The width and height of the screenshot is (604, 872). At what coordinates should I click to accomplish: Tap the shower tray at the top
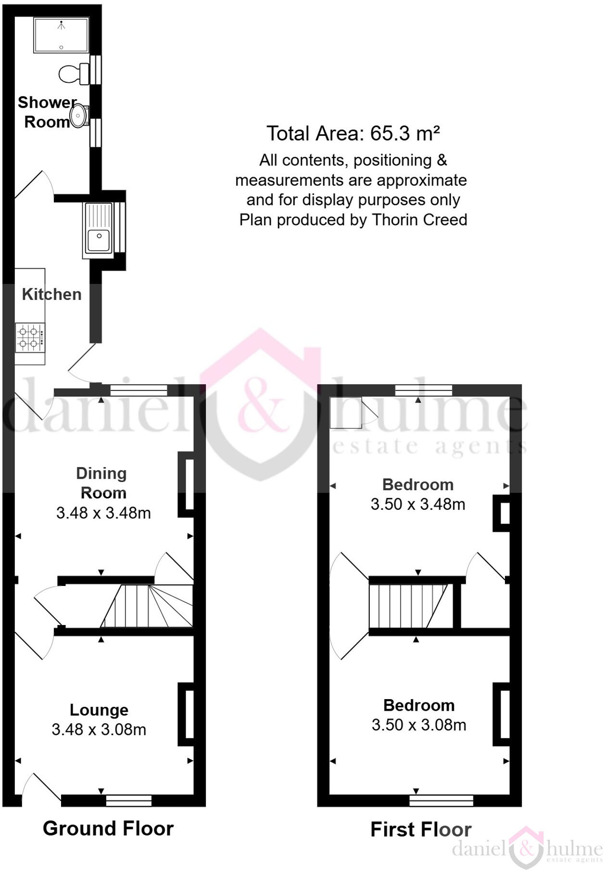[61, 35]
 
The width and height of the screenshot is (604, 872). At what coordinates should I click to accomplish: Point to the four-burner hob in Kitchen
[29, 337]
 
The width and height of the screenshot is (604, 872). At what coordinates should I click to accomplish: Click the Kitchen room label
[52, 294]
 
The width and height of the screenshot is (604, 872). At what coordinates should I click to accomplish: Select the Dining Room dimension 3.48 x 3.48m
[103, 513]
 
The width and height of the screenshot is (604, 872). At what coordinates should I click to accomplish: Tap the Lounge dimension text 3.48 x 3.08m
[99, 729]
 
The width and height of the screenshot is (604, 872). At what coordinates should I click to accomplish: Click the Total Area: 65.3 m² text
[353, 133]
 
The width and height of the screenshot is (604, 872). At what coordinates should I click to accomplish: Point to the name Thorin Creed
[419, 220]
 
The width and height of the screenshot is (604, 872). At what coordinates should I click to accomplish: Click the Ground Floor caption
[108, 828]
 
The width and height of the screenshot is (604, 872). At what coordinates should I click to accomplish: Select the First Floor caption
[421, 829]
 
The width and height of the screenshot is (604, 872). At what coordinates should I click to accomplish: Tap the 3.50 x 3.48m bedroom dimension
[418, 504]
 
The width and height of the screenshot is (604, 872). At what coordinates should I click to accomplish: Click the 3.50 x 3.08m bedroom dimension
[419, 725]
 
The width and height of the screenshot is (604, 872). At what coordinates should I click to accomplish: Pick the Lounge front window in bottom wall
[128, 800]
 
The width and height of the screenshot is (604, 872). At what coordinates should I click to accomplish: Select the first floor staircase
[409, 606]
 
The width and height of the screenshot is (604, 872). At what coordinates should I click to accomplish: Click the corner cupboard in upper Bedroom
[346, 412]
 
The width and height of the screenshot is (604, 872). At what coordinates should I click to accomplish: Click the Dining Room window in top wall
[138, 390]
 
